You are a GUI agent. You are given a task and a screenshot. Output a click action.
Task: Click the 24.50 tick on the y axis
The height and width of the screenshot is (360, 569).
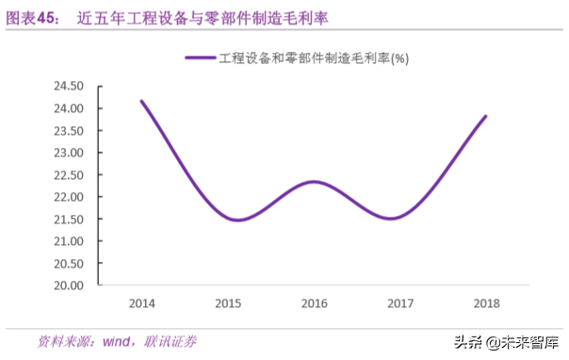(67, 86)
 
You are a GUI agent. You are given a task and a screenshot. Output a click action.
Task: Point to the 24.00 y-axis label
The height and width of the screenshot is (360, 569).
(67, 108)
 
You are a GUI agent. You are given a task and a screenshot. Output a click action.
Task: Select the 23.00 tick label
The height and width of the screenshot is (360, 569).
(67, 153)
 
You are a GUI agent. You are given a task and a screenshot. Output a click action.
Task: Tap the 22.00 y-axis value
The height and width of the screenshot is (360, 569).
(67, 197)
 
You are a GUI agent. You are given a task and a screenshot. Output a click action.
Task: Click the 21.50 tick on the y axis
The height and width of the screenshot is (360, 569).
(67, 219)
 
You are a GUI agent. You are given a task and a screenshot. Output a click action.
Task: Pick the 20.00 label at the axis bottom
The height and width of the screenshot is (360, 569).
(67, 286)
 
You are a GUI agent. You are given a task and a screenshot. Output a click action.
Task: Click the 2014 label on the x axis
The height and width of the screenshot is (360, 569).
(142, 303)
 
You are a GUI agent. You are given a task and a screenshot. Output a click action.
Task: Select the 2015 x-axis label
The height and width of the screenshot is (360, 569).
(228, 303)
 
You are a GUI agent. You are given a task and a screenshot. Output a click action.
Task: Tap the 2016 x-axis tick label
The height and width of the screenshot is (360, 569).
(314, 303)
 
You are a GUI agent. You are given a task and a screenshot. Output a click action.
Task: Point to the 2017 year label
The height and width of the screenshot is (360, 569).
(400, 303)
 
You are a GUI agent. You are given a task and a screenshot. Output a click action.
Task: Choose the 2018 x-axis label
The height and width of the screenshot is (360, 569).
(486, 303)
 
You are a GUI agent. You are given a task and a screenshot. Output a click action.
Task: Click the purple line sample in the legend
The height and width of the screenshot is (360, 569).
(201, 57)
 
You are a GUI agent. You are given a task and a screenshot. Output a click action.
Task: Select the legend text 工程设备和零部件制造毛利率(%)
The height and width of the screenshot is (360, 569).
(313, 57)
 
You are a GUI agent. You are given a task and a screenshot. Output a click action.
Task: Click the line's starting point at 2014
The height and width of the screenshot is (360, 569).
(142, 102)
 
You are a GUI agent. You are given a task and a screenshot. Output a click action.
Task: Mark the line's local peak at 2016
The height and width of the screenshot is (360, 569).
(315, 182)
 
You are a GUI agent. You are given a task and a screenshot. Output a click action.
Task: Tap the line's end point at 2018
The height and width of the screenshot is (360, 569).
(486, 117)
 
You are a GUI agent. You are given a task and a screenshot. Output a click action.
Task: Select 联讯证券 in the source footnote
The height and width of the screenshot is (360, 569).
(171, 340)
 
